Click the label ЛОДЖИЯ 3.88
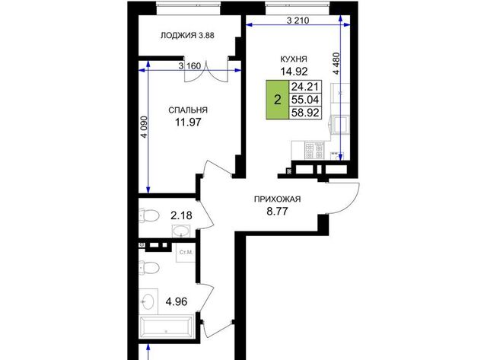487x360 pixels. pos(187,36)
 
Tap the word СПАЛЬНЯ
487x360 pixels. pos(188,110)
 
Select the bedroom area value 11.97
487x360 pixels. pos(188,123)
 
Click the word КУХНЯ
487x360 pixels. pos(294,59)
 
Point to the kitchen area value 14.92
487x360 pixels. pos(294,72)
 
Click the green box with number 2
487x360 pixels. pos(277,100)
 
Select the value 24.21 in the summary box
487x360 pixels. pos(305,87)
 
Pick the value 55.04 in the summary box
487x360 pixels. pos(305,100)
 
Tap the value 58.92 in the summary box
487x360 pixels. pos(305,113)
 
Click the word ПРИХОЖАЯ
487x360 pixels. pos(277,199)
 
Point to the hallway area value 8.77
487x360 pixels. pos(277,212)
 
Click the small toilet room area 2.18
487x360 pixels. pos(181,215)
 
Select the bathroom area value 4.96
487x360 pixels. pos(177,301)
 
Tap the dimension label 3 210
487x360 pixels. pos(298,21)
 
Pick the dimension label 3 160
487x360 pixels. pos(189,66)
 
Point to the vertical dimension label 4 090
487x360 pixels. pos(144,127)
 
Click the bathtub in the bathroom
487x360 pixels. pos(167,327)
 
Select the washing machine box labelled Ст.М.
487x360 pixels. pos(186,252)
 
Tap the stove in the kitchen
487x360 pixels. pos(314,151)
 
